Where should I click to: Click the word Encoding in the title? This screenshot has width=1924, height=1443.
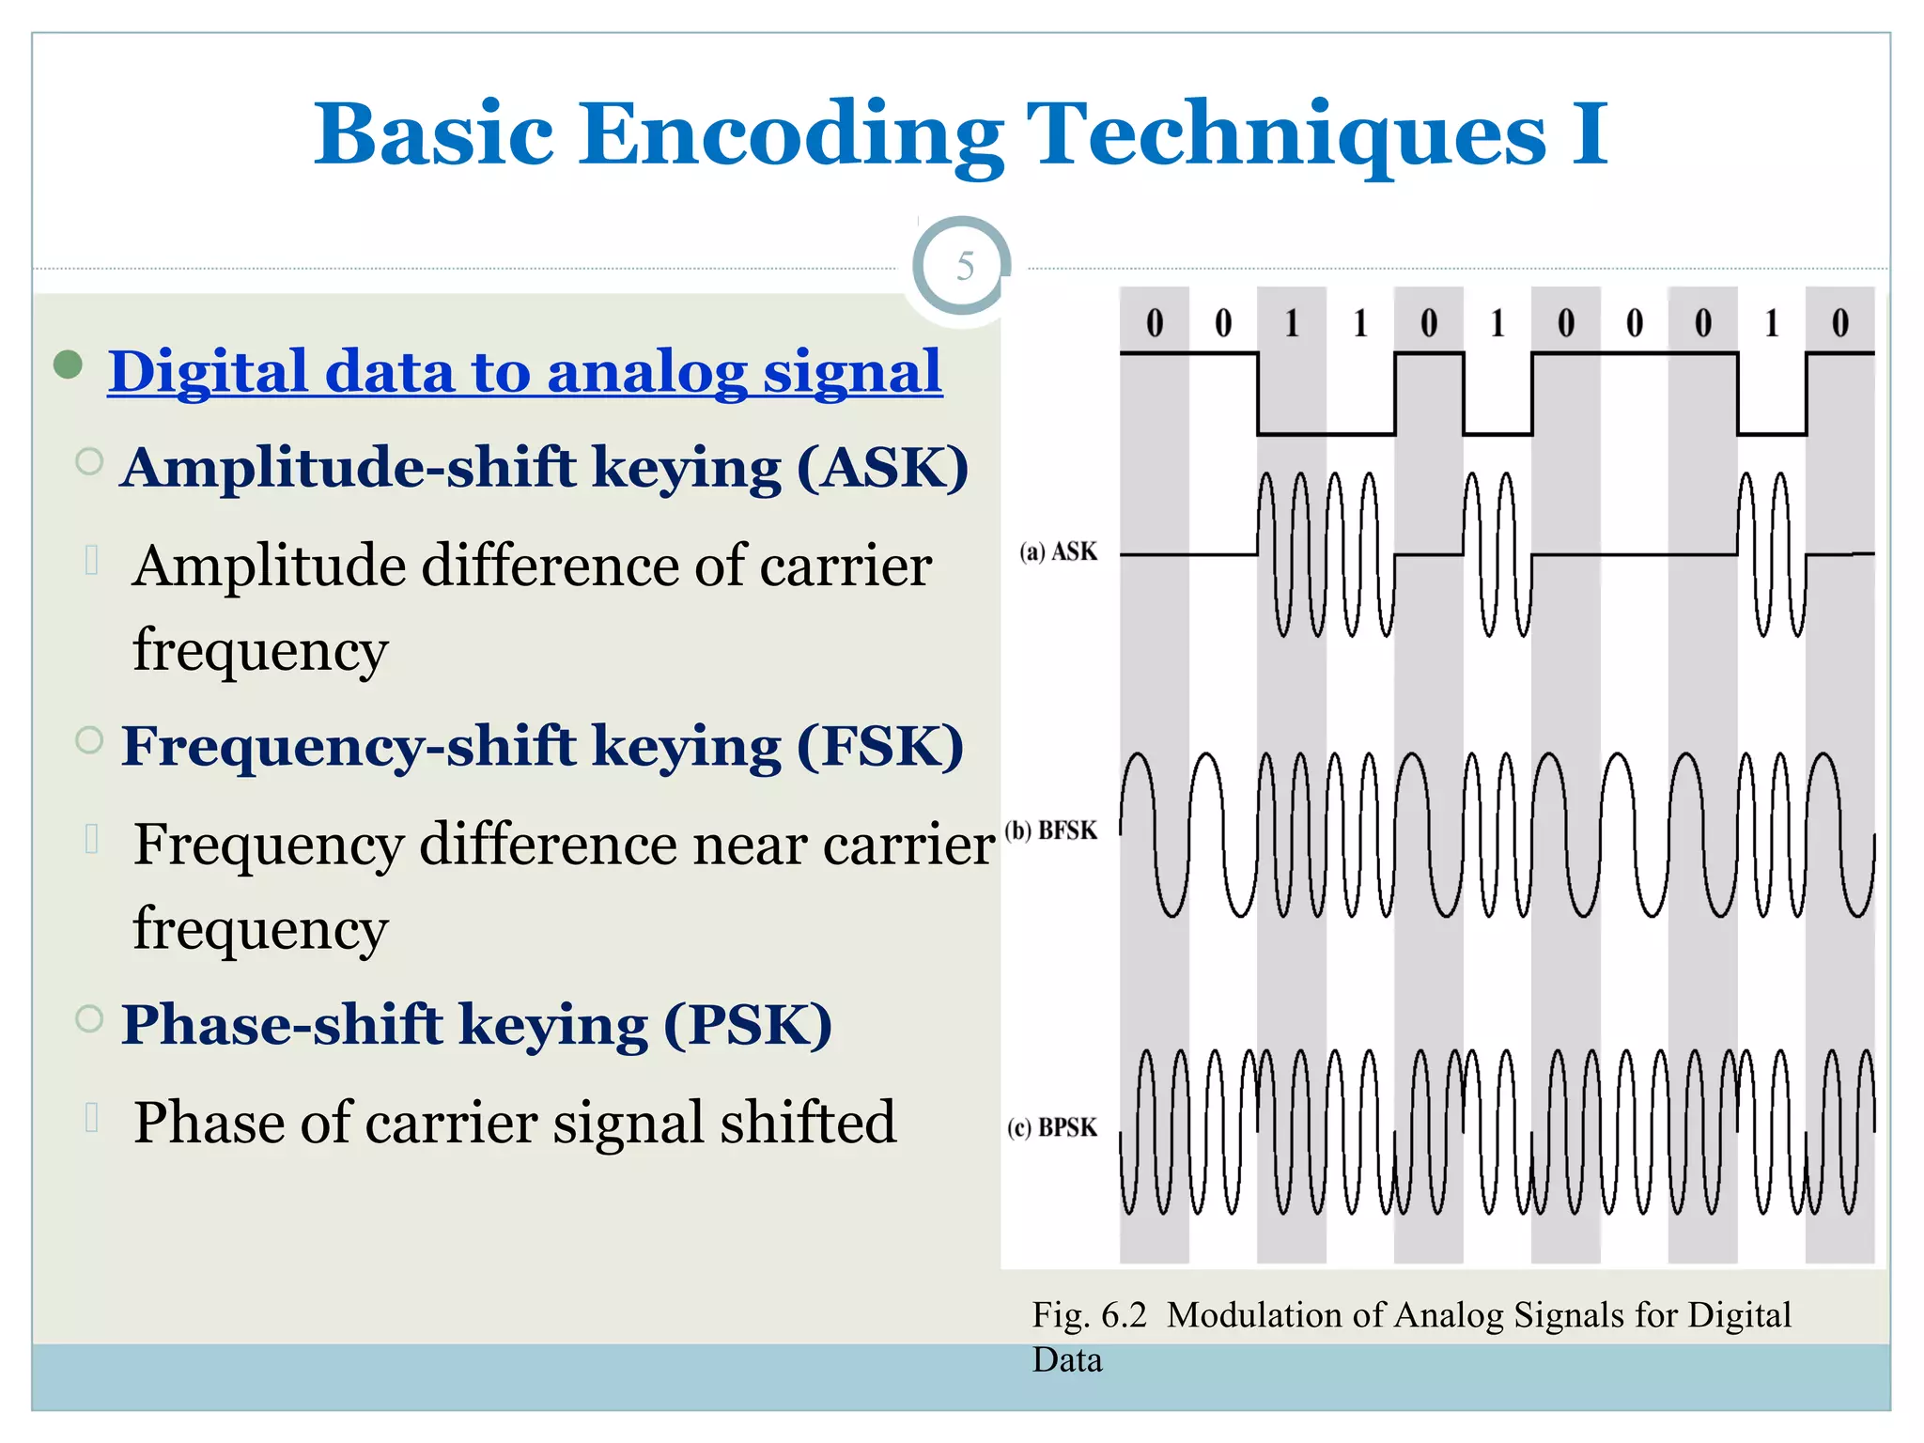point(791,134)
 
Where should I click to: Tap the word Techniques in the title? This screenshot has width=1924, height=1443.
point(1285,134)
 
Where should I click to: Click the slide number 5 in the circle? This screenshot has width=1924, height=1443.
point(964,267)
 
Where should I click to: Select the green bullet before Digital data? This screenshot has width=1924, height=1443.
point(68,364)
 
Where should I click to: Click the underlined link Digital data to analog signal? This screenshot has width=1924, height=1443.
point(524,372)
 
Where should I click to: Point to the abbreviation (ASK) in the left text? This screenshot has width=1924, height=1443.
point(882,467)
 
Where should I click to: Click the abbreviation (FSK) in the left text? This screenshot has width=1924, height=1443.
point(880,746)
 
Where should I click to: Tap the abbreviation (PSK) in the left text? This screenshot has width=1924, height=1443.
point(748,1024)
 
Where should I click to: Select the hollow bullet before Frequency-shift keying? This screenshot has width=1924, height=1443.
point(89,740)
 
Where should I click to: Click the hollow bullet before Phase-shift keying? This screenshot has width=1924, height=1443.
point(89,1018)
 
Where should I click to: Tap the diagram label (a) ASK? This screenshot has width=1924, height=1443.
point(1058,551)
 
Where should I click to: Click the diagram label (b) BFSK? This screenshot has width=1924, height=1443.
point(1051,830)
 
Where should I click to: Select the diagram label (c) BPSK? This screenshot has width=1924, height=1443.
point(1052,1127)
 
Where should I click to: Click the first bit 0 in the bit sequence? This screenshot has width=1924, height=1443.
point(1155,323)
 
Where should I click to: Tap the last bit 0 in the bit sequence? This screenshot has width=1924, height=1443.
point(1839,323)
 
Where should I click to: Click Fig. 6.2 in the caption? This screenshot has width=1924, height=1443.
point(1089,1315)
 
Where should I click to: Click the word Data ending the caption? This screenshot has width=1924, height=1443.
point(1066,1360)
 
